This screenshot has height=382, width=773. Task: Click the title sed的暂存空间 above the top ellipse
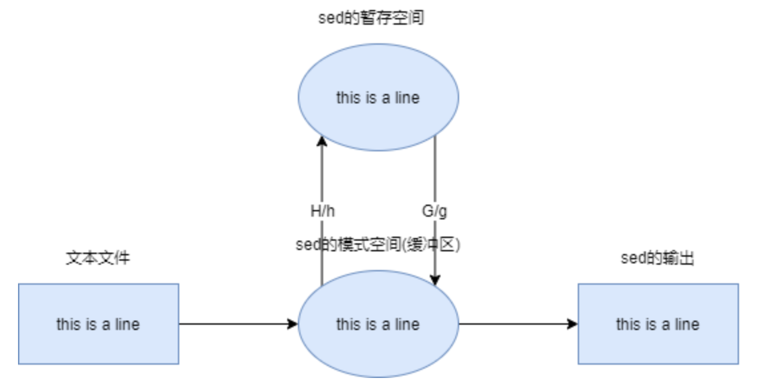(371, 18)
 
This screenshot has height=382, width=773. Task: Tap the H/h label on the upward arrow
(323, 212)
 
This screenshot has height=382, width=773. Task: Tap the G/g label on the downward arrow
(434, 212)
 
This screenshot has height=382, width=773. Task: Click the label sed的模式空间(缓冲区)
(379, 245)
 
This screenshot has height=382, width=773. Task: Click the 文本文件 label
(98, 258)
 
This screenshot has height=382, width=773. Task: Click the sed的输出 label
(657, 258)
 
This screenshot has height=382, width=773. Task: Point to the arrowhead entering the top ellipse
(322, 140)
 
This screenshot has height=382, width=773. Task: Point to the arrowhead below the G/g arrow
(435, 281)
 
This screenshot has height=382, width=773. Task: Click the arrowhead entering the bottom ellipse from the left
(293, 324)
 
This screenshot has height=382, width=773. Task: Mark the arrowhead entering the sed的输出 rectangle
(572, 324)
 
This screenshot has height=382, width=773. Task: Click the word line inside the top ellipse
(406, 98)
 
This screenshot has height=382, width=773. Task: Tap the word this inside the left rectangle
(68, 325)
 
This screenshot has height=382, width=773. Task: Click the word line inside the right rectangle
(686, 325)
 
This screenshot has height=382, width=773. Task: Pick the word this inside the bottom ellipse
(348, 325)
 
